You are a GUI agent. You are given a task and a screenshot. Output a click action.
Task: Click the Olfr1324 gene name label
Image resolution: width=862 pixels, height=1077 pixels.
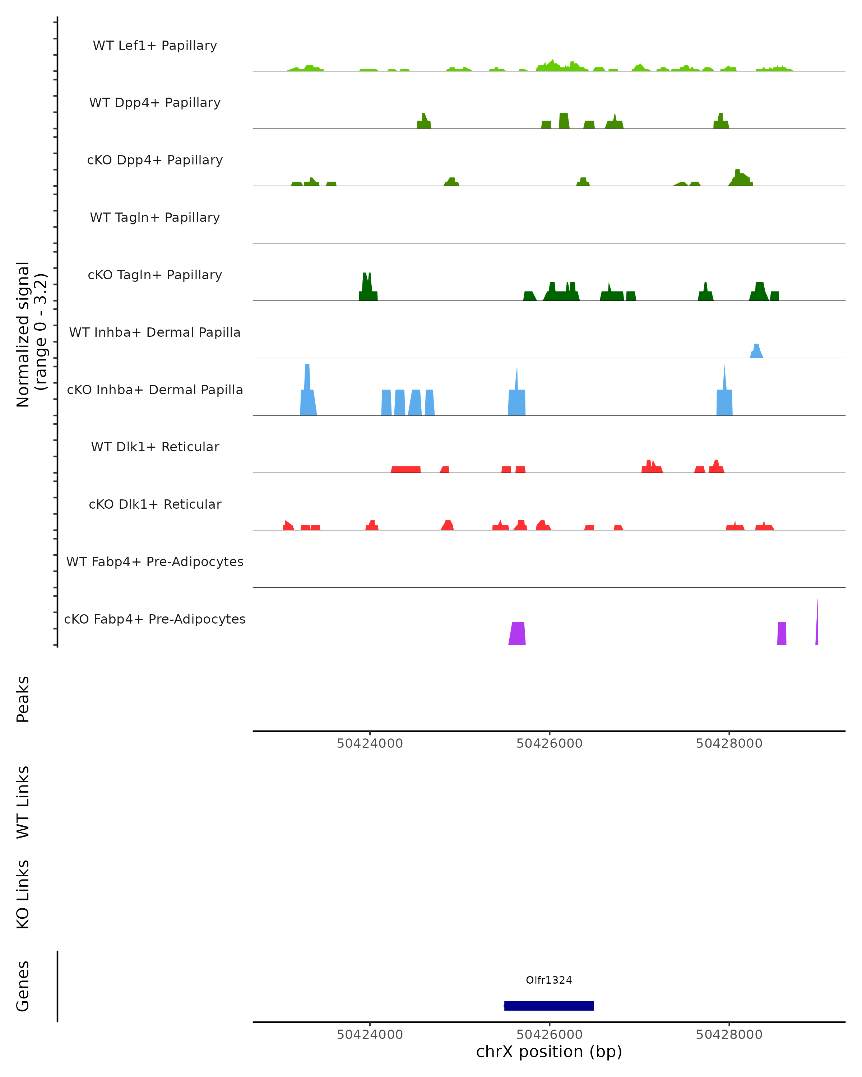coord(549,980)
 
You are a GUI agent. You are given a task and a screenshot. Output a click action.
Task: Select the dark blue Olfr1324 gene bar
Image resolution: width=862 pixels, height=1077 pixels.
coord(549,1006)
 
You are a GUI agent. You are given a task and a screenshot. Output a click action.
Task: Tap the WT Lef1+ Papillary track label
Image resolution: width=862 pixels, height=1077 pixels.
coord(155,46)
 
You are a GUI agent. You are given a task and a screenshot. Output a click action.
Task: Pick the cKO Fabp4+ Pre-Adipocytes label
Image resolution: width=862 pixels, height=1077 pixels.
coord(155,619)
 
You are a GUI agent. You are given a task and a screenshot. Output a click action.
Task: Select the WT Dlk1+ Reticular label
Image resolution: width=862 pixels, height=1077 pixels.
coord(155,447)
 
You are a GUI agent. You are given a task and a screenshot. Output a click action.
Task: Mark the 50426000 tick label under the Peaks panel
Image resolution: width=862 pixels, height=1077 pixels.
coord(549,743)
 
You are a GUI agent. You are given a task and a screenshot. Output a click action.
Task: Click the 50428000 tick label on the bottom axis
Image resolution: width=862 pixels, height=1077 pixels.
coord(729,1035)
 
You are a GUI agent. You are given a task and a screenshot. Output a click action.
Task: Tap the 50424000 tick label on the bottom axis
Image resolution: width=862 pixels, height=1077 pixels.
coord(370,1035)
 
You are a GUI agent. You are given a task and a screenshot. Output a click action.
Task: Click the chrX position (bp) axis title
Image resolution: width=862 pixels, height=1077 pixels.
coord(549,1052)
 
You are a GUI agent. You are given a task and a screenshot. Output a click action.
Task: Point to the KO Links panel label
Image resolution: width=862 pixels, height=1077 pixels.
coord(23,895)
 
